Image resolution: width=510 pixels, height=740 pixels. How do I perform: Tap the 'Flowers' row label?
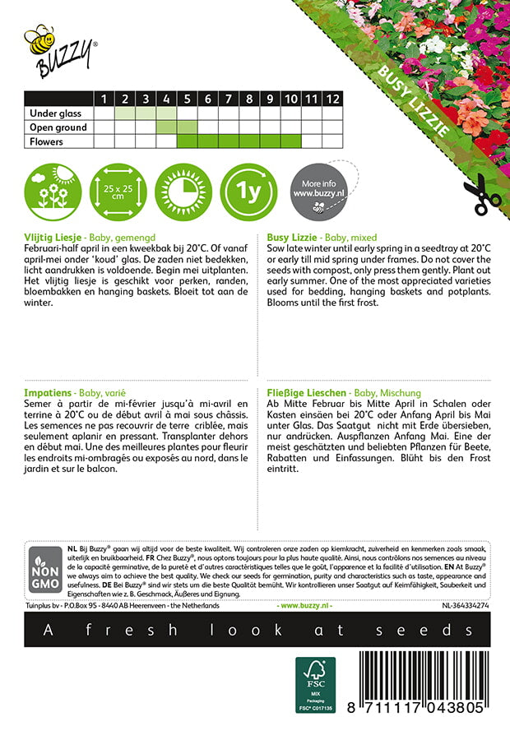[46, 141]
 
